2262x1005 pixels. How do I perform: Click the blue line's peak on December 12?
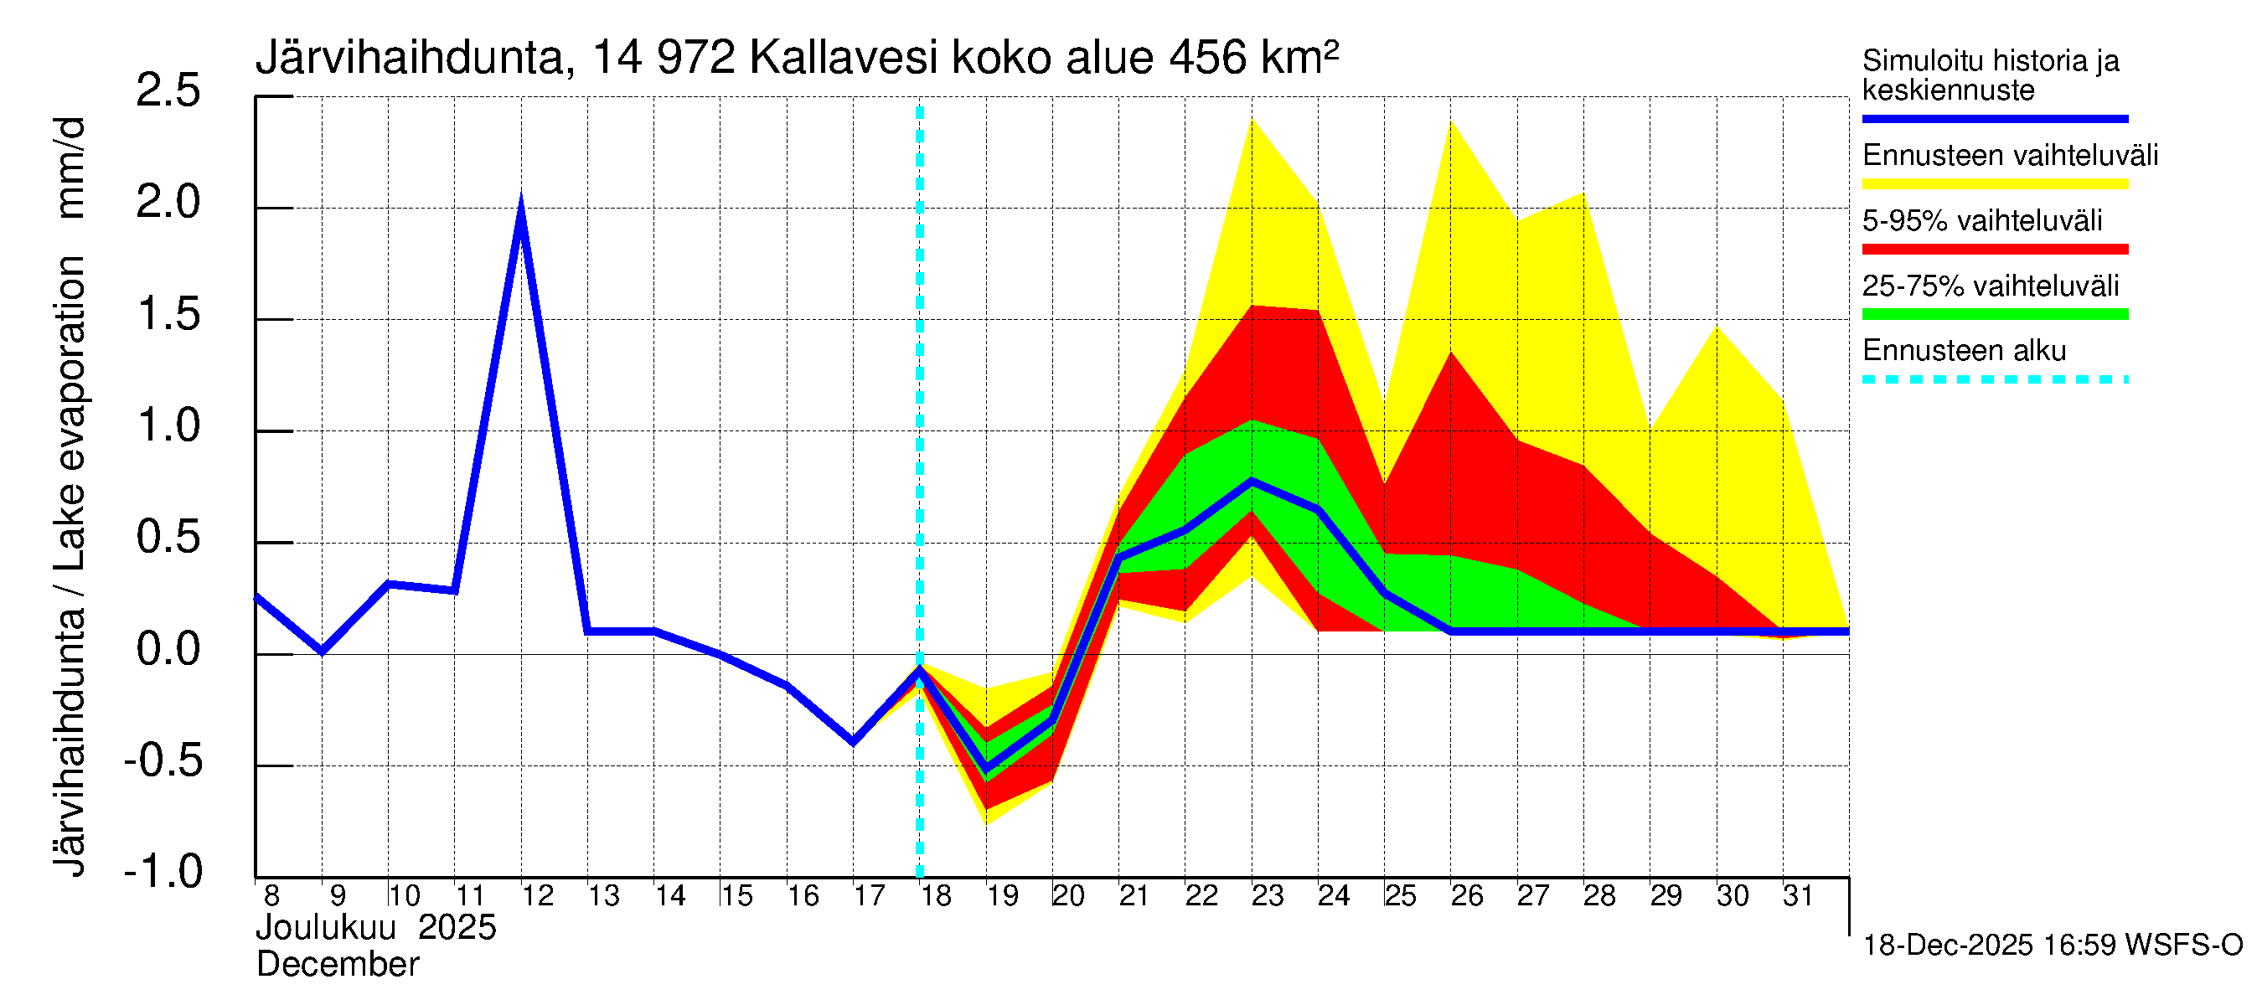521,205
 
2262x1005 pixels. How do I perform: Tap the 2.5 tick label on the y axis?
168,90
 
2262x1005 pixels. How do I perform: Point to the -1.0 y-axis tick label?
163,872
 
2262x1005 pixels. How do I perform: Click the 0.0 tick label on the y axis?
168,650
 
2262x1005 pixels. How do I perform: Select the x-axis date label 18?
936,895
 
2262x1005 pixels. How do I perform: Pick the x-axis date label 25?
1401,895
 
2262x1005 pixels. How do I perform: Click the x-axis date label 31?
1799,895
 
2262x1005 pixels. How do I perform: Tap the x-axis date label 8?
271,895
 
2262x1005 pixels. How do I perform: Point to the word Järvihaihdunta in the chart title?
409,58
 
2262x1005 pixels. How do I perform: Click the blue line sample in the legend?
1994,118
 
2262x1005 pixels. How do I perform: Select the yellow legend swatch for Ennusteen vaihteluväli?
1994,183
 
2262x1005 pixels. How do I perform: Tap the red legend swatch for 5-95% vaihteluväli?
1994,250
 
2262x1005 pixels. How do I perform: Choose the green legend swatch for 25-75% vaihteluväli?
1994,314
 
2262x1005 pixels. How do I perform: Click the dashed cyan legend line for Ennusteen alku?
1994,379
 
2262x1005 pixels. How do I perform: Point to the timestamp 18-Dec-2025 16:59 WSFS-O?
2052,946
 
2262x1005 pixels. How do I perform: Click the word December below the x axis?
337,965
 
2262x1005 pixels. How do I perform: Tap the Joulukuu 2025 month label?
376,928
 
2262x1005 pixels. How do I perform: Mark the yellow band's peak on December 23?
1252,120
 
